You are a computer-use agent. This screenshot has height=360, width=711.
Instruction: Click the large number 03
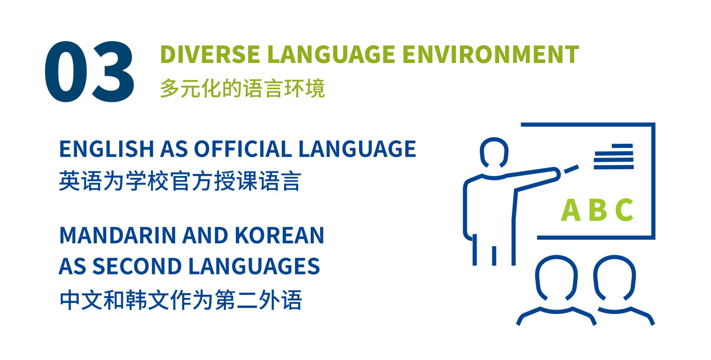click(89, 71)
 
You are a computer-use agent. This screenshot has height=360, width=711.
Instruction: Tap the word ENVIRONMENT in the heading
click(490, 54)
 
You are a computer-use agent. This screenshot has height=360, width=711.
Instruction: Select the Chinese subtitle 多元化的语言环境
click(242, 89)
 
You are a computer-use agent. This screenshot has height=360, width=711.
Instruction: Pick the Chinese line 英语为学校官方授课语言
click(180, 181)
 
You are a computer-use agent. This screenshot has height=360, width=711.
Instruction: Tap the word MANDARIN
click(117, 236)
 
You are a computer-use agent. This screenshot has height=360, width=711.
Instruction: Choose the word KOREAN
click(279, 236)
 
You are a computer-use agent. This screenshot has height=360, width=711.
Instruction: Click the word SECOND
click(137, 266)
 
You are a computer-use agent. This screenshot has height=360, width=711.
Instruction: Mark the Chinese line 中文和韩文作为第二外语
click(181, 300)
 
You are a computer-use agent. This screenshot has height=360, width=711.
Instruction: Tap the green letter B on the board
click(598, 210)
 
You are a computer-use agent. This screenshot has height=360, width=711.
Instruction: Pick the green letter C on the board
click(624, 210)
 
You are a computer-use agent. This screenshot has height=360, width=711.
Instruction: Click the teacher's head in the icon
click(494, 152)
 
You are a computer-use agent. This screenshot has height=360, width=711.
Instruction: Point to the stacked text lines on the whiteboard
click(614, 157)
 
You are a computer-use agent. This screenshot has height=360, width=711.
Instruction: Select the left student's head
click(556, 278)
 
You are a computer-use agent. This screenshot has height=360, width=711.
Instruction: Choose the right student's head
click(614, 278)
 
